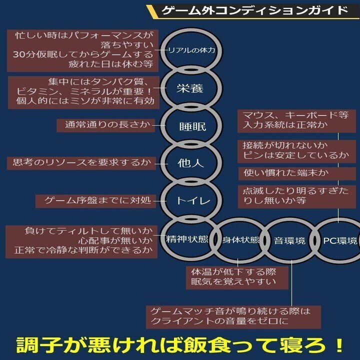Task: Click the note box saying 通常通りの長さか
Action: pyautogui.click(x=107, y=124)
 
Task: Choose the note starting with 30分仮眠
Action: pyautogui.click(x=82, y=50)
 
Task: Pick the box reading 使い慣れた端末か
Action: pyautogui.click(x=288, y=173)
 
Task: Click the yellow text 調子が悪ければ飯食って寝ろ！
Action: pyautogui.click(x=180, y=345)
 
